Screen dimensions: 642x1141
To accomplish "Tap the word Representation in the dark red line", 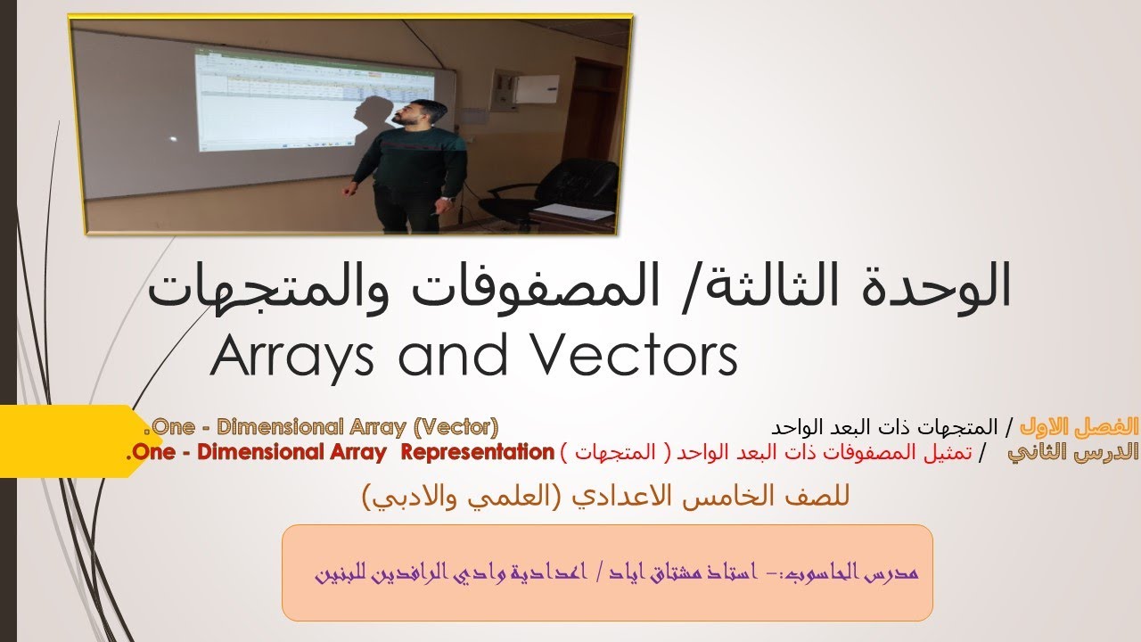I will [477, 451].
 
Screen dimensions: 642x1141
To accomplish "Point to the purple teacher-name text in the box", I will [615, 572].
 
